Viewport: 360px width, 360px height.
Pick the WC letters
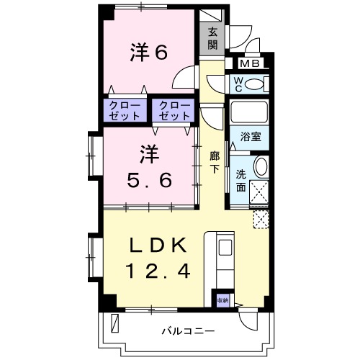click(236, 85)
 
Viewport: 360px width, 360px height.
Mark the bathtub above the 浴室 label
click(249, 113)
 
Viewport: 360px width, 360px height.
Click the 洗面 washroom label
click(240, 181)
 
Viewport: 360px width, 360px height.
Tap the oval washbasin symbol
click(261, 167)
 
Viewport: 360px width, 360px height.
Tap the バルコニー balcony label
click(187, 331)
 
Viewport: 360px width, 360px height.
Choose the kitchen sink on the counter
click(224, 249)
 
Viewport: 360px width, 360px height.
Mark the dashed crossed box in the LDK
click(261, 219)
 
